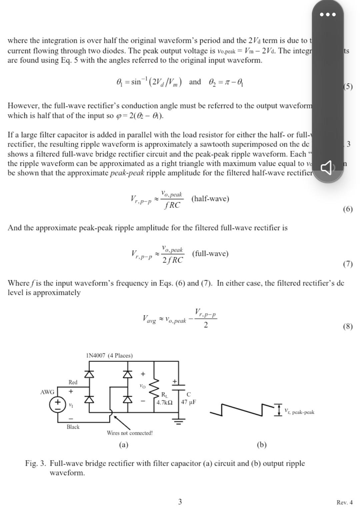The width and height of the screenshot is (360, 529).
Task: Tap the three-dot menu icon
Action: point(327,14)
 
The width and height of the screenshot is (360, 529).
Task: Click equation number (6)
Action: point(348,209)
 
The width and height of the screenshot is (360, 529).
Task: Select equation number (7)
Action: point(348,264)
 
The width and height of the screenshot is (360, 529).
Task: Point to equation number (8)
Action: point(348,326)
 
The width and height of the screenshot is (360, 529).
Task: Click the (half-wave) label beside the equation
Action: point(210,199)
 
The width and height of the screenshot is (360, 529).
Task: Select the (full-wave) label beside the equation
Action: point(210,254)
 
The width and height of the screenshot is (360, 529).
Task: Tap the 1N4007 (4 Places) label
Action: point(109,355)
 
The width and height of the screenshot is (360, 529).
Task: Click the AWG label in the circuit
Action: point(47,392)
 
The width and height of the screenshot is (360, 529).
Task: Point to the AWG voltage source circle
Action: point(57,404)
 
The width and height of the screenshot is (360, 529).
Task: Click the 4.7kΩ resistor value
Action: point(165,402)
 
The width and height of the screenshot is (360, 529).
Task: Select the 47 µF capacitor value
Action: point(188,402)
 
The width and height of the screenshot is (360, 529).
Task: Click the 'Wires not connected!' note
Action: point(130,433)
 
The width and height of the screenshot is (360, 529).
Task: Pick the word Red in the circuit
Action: point(73,382)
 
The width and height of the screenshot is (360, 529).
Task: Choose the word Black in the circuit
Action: point(73,427)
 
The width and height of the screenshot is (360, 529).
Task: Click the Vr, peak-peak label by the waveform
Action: point(299,412)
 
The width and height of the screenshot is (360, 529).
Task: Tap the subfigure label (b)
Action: point(262,445)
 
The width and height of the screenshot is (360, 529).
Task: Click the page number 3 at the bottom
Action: point(180,502)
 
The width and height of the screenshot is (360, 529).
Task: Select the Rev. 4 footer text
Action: point(344,502)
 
